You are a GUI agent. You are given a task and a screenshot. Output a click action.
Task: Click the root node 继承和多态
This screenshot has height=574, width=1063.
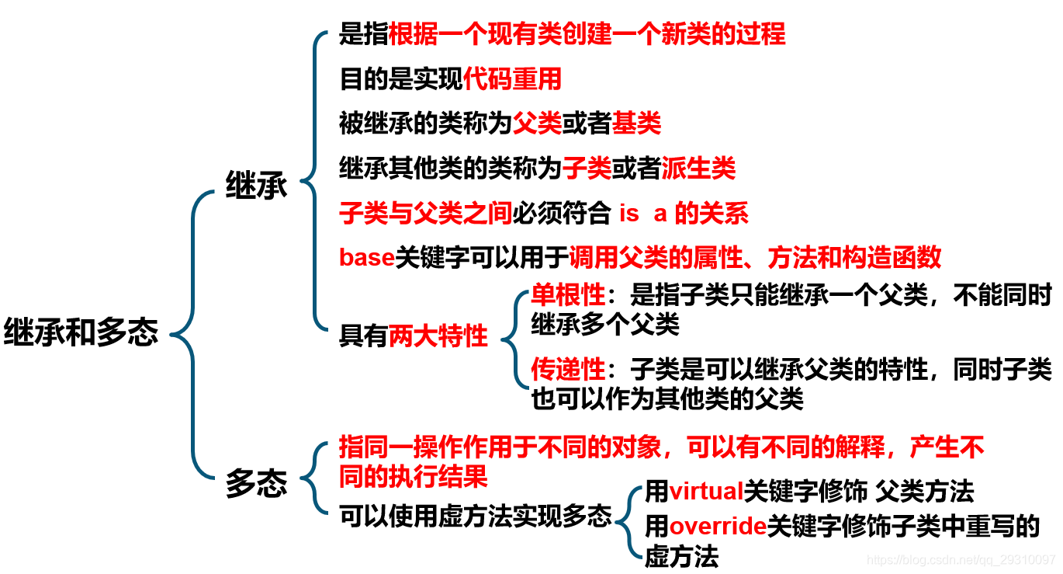(81, 333)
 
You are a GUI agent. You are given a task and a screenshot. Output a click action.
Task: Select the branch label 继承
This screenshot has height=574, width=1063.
(256, 186)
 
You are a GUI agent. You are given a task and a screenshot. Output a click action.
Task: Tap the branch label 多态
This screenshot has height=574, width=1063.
(256, 484)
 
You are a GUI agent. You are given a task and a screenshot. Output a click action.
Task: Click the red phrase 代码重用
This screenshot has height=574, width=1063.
(512, 78)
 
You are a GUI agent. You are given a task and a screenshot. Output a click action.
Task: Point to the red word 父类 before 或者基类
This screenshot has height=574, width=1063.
(537, 123)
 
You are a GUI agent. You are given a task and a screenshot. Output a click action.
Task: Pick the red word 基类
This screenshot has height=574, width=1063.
(636, 123)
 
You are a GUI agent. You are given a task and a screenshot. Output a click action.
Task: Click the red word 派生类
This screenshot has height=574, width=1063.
(698, 168)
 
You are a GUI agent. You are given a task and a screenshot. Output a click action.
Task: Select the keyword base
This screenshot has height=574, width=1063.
(367, 257)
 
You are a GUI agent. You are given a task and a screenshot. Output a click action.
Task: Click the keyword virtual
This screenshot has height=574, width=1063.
(706, 491)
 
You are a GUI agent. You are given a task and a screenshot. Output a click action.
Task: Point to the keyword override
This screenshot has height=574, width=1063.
(718, 527)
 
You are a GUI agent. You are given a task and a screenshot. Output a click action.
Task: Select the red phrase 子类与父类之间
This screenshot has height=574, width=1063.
(426, 213)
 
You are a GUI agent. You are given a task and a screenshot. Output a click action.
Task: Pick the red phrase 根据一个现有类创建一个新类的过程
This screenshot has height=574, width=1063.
(587, 34)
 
